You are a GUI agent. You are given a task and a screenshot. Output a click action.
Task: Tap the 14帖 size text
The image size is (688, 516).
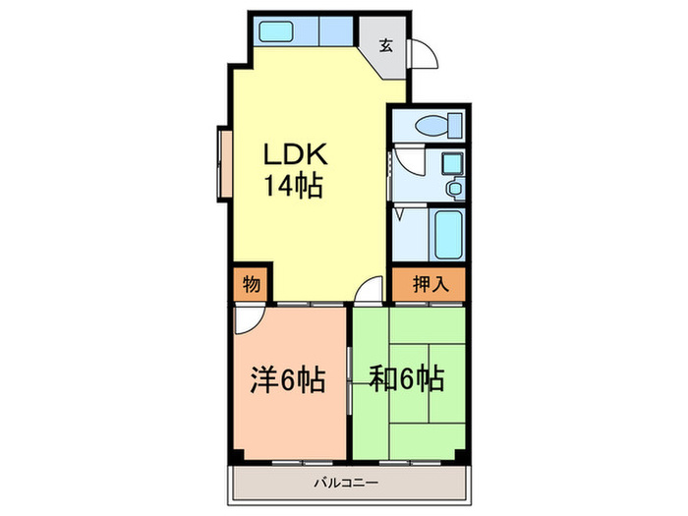(292, 186)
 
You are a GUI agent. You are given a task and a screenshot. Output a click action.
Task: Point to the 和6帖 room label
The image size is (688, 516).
(406, 377)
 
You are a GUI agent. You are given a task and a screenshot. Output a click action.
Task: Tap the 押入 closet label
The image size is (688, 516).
(429, 284)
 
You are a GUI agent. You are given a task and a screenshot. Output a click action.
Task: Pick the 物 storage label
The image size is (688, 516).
(251, 284)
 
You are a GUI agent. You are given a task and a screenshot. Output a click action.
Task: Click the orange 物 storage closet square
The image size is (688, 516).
(251, 284)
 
